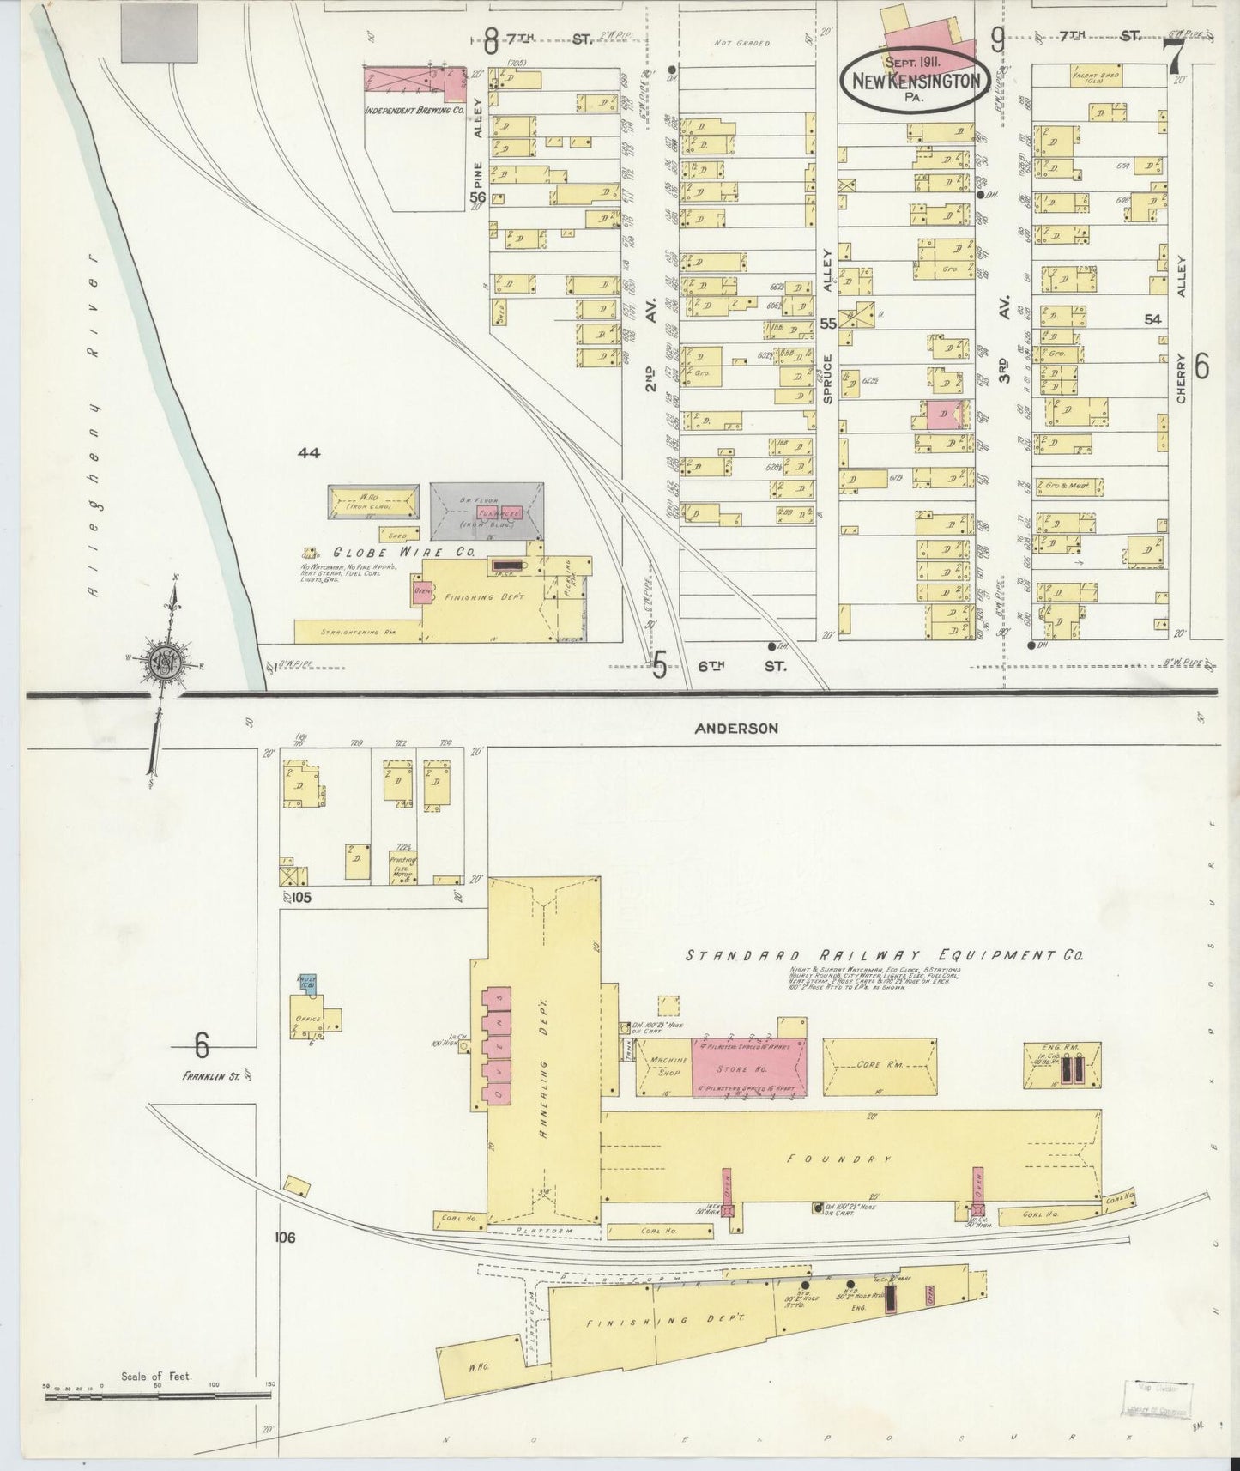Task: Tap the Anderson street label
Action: (736, 728)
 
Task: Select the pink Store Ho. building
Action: (749, 1068)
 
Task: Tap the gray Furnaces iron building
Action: (487, 512)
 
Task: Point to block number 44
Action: (310, 452)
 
